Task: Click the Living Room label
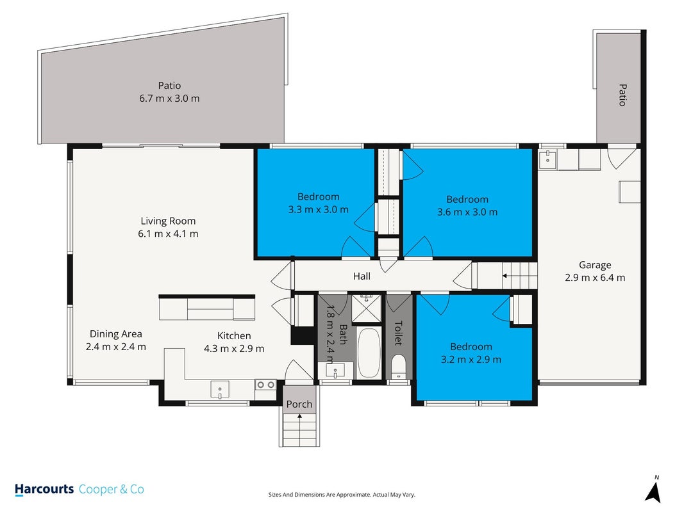pos(168,221)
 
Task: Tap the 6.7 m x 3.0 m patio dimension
pos(169,99)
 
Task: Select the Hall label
pos(362,276)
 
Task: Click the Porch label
pos(299,404)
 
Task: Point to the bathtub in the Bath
pos(369,353)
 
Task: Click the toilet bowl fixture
pos(398,367)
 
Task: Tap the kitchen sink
pos(220,389)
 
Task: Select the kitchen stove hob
pos(265,385)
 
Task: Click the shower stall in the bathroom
pos(367,308)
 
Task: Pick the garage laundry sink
pos(547,159)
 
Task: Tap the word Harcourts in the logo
pos(44,490)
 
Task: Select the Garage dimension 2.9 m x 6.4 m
pos(595,278)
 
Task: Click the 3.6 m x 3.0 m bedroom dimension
pos(467,212)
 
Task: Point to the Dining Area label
pos(115,334)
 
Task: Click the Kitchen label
pos(234,335)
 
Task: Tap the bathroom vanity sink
pos(335,371)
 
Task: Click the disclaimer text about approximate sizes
pos(342,495)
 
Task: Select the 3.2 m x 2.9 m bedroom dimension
pos(471,360)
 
